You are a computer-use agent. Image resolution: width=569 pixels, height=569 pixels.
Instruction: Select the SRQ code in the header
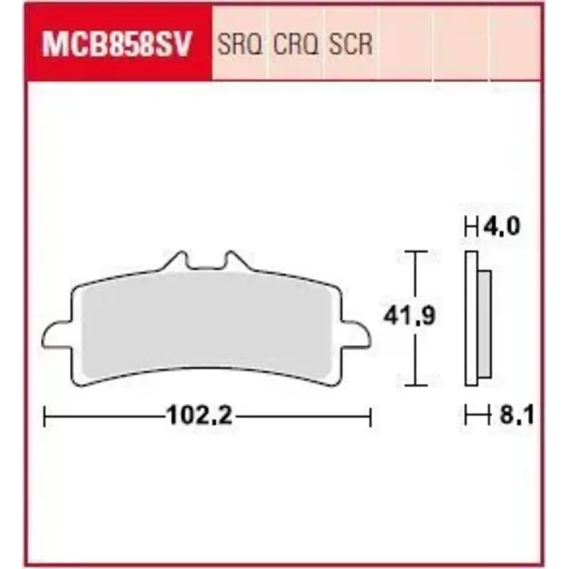(240, 45)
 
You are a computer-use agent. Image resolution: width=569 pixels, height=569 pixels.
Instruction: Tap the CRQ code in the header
(296, 45)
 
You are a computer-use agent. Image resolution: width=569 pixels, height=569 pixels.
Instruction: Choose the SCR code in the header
(350, 45)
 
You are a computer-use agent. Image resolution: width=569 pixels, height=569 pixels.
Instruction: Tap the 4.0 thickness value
(503, 228)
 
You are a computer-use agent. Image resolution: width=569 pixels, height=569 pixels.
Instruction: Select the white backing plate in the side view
(472, 320)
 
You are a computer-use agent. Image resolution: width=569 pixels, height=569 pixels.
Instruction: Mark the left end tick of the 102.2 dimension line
(44, 416)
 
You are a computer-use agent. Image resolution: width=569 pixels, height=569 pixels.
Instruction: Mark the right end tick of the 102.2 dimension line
(371, 416)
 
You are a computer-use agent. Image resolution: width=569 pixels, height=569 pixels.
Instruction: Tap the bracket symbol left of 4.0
(470, 228)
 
